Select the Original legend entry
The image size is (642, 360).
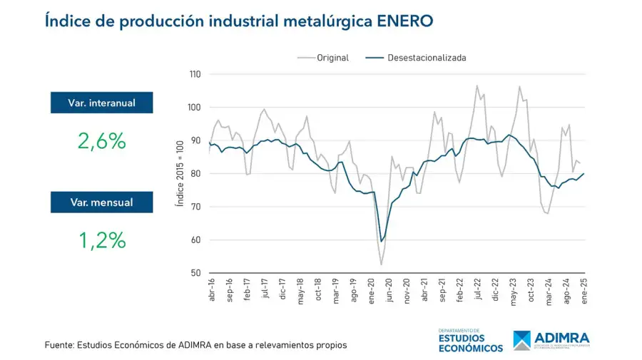coord(332,58)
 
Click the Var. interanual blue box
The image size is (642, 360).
coord(102,103)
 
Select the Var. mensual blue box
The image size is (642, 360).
coord(102,202)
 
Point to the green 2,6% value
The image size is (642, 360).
coord(102,141)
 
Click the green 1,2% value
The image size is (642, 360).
coord(102,240)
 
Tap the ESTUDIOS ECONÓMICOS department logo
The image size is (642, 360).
coord(472,341)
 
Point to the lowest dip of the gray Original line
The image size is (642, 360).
coord(381,265)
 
